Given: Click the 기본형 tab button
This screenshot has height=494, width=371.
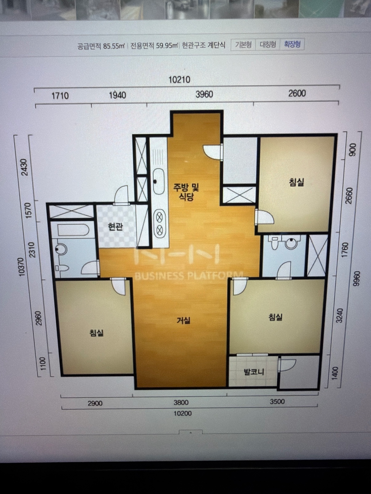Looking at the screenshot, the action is click(x=243, y=45).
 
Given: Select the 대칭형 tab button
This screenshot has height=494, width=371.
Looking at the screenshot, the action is click(x=268, y=45).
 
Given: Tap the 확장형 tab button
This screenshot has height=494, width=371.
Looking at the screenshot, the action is click(x=292, y=44).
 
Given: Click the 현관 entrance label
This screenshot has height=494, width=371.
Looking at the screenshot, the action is click(x=115, y=227).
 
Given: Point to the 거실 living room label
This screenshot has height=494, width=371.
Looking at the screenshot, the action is click(x=184, y=320).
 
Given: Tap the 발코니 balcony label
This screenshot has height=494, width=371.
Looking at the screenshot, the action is click(x=254, y=372).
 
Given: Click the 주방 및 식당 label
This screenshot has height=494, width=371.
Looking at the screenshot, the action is click(x=186, y=192).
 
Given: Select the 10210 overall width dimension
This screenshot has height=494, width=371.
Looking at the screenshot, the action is click(x=180, y=80).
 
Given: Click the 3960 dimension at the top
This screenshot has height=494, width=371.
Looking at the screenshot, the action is click(x=204, y=94).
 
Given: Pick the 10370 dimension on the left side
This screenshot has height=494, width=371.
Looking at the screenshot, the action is click(x=22, y=267).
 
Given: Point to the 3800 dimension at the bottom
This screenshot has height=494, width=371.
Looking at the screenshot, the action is click(x=181, y=402).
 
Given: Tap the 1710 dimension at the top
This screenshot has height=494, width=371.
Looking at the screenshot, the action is click(x=60, y=96).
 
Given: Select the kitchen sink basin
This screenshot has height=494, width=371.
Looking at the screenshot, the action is click(x=158, y=181).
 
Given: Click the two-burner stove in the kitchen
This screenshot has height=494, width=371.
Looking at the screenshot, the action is click(x=159, y=224).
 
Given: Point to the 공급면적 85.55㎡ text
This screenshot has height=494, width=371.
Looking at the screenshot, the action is click(x=101, y=46).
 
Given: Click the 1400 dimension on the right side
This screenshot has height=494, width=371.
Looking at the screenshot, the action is click(x=335, y=374).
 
